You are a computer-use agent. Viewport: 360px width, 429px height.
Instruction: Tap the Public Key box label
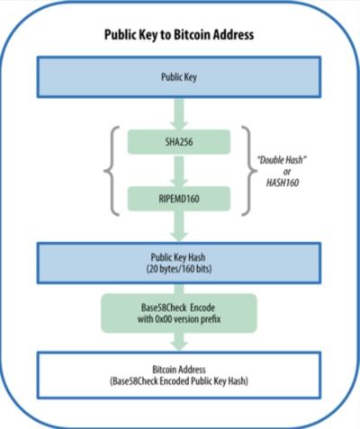pyautogui.click(x=179, y=77)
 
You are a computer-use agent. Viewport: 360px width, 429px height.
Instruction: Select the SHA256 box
pyautogui.click(x=179, y=142)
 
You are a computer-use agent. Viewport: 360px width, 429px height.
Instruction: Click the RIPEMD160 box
pyautogui.click(x=179, y=199)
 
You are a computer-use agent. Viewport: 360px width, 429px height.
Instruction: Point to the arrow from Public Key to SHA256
pyautogui.click(x=179, y=114)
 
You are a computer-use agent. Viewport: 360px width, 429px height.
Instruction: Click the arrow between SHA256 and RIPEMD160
pyautogui.click(x=179, y=171)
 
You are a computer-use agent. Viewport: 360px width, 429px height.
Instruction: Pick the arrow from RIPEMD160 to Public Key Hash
pyautogui.click(x=179, y=227)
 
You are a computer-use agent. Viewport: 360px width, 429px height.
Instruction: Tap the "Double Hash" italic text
pyautogui.click(x=282, y=160)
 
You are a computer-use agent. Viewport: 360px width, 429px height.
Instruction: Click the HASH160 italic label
pyautogui.click(x=283, y=183)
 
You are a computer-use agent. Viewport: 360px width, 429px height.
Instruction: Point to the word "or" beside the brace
pyautogui.click(x=287, y=172)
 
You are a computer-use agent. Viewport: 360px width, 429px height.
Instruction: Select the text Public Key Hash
pyautogui.click(x=178, y=257)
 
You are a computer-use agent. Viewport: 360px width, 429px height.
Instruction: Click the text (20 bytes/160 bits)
pyautogui.click(x=179, y=269)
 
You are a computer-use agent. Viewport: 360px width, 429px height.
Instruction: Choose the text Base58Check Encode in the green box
pyautogui.click(x=178, y=308)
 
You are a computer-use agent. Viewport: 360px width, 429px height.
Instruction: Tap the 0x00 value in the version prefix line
pyautogui.click(x=164, y=319)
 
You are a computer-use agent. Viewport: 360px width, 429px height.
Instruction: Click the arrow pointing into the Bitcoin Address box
pyautogui.click(x=179, y=342)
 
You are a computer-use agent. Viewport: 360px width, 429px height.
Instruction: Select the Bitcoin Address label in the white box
pyautogui.click(x=179, y=370)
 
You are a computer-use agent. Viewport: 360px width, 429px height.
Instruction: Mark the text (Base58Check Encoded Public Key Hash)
pyautogui.click(x=179, y=381)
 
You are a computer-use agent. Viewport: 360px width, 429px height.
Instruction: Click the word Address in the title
pyautogui.click(x=233, y=34)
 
